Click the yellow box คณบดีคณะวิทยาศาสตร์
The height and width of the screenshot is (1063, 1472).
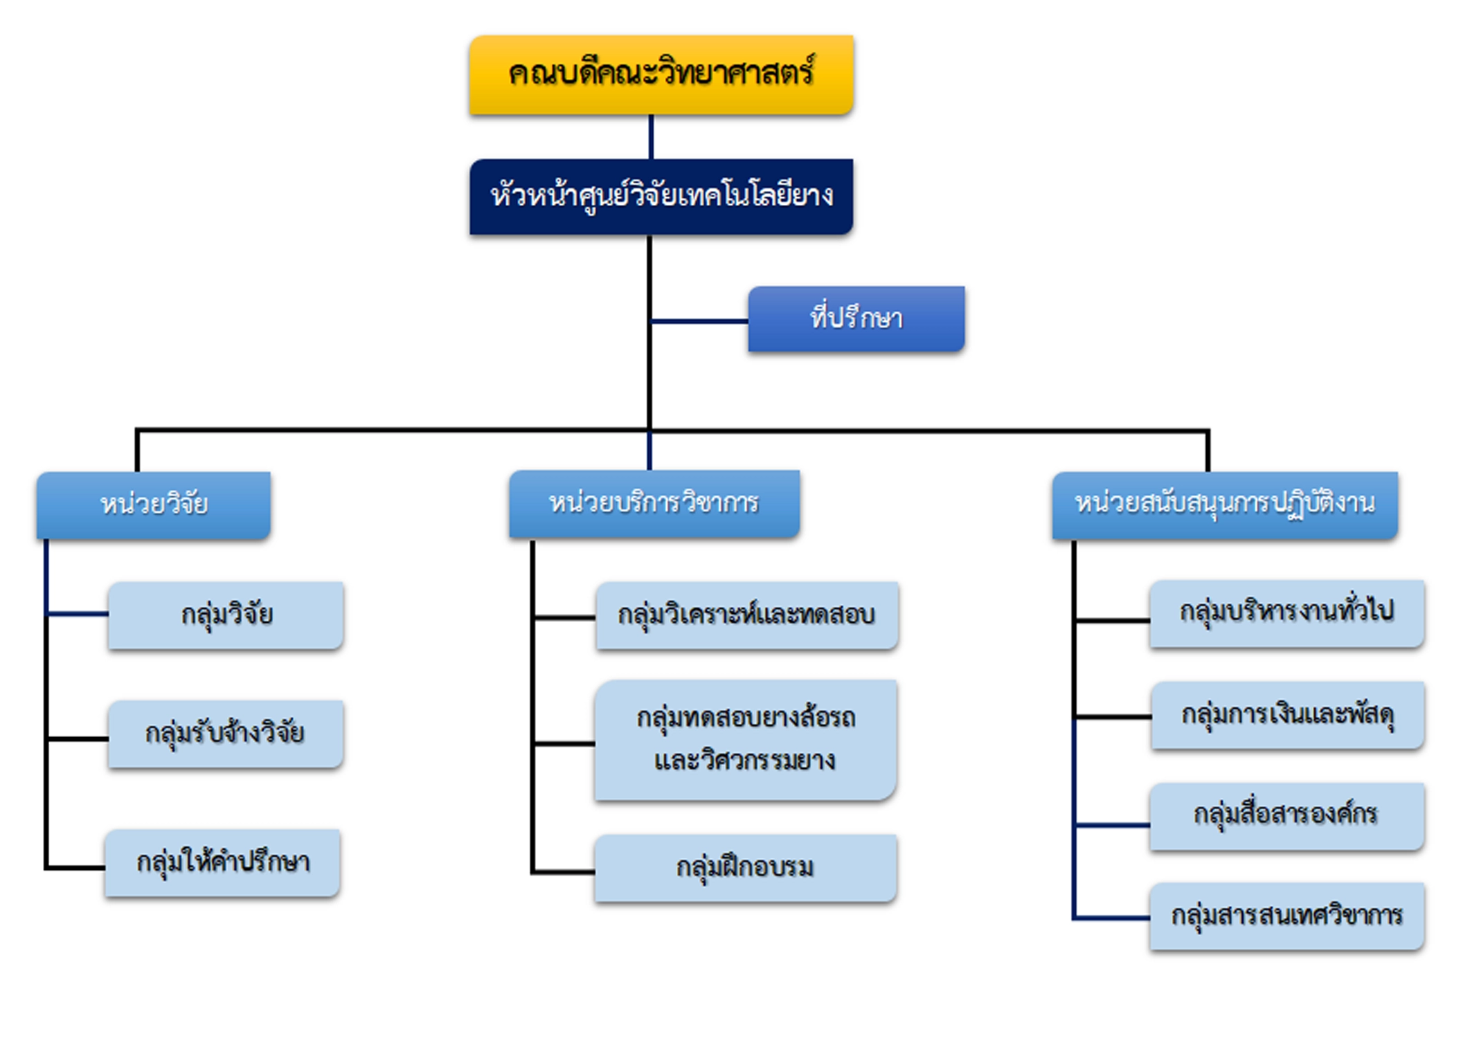point(661,75)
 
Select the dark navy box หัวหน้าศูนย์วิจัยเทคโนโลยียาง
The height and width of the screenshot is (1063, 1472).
point(661,197)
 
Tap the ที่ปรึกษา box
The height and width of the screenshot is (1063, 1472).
point(856,319)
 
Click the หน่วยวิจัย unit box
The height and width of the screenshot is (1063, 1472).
point(154,505)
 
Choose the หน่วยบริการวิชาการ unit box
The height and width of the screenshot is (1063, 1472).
point(654,503)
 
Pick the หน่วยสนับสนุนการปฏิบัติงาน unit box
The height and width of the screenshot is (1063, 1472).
point(1224,505)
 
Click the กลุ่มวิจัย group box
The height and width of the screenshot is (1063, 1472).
point(226,615)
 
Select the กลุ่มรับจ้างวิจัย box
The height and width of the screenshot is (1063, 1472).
point(226,734)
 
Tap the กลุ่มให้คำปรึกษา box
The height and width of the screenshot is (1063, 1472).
point(222,863)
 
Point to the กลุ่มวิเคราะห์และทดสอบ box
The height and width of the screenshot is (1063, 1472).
point(746,615)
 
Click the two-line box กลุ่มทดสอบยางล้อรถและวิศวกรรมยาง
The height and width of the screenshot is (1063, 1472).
point(746,740)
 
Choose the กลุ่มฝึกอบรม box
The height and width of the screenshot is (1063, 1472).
point(745,868)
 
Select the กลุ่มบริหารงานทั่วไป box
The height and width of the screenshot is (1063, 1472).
point(1286,613)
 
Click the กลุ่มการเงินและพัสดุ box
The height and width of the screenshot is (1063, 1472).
point(1287,715)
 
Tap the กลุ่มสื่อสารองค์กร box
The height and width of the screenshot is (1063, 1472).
point(1286,816)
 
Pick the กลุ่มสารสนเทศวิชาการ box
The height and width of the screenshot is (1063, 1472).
point(1286,916)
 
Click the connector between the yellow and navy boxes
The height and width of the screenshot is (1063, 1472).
point(651,137)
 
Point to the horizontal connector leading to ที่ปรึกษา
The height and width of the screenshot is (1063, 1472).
point(699,321)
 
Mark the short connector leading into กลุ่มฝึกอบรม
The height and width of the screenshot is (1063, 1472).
point(564,872)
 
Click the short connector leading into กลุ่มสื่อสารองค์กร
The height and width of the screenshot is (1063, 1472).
point(1112,825)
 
